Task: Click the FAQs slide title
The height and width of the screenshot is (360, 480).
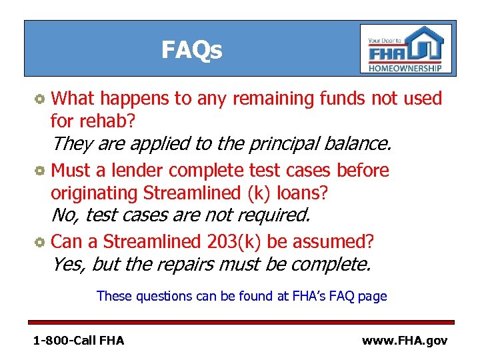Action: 192,50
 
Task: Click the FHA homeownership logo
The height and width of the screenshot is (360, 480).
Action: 405,49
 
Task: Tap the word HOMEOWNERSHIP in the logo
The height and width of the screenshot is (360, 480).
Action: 405,68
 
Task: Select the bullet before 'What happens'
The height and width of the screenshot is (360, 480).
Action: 41,99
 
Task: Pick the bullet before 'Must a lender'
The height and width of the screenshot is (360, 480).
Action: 41,171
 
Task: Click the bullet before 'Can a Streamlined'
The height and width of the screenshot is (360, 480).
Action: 41,241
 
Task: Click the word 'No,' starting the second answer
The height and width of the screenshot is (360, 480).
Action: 65,215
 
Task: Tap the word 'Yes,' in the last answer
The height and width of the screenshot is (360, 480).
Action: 68,264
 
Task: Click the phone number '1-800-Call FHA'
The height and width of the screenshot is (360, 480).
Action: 79,341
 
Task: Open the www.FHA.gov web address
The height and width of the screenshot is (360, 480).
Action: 404,341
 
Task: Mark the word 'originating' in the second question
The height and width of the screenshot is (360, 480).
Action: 95,193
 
